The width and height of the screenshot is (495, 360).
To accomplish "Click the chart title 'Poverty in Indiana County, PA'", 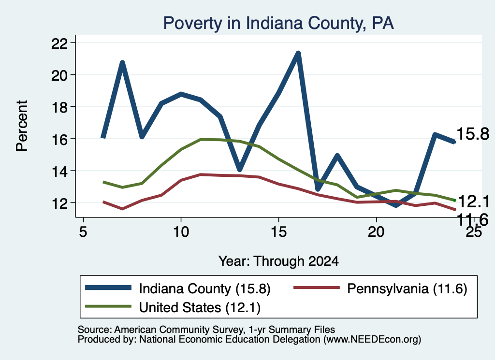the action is tap(278, 23).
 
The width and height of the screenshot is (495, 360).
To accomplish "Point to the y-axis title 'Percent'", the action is tap(22, 126).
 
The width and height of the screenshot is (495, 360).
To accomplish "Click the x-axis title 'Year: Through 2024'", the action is tap(278, 261).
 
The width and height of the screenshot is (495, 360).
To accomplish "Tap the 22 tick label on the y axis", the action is tap(59, 43).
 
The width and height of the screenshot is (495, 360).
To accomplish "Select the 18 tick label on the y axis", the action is tap(59, 108).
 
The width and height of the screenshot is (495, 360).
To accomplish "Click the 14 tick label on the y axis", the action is tap(59, 172).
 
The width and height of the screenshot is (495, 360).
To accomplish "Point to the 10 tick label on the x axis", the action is tap(181, 232).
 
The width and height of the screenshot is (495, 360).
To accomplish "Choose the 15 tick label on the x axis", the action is tap(278, 232).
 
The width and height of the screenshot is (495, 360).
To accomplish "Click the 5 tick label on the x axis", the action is tap(83, 232).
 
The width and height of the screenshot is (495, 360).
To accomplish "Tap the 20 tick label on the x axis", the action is tap(376, 232).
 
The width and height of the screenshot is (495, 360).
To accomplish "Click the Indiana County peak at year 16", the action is tap(298, 53).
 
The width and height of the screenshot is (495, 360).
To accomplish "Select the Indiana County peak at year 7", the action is tap(122, 62).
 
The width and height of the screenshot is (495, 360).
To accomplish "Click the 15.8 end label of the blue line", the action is tap(473, 134).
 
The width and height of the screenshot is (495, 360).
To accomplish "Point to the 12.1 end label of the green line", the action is tap(473, 202).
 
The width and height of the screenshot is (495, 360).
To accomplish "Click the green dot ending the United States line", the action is tap(454, 201).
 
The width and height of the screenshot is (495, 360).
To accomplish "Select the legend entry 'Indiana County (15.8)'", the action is tap(178, 288).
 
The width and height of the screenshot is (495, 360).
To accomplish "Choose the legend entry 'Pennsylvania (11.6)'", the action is tap(380, 288).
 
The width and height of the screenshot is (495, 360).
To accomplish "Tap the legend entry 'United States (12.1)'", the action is tap(173, 307).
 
